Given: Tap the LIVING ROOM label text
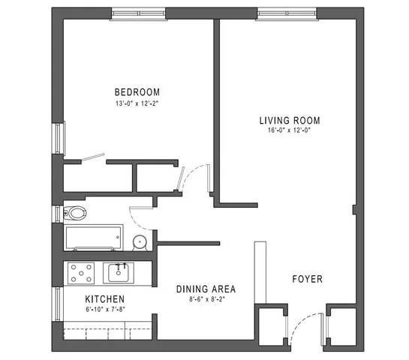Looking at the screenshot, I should tap(290, 120).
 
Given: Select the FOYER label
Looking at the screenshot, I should tap(307, 279).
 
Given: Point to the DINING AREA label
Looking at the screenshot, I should tap(206, 289).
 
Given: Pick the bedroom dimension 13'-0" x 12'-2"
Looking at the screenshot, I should tap(137, 104).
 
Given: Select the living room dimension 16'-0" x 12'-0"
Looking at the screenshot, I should tap(290, 131).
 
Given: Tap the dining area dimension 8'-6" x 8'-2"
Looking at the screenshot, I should tap(206, 299).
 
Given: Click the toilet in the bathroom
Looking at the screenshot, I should tap(75, 211).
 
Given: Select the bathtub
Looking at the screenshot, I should tap(92, 238).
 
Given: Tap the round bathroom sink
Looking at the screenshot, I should tap(139, 241).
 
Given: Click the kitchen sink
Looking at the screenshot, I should tap(119, 272).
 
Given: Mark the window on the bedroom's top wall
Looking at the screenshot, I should tap(137, 13).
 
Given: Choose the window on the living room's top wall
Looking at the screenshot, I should tap(283, 13).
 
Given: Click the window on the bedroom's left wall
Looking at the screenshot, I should tap(57, 138).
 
